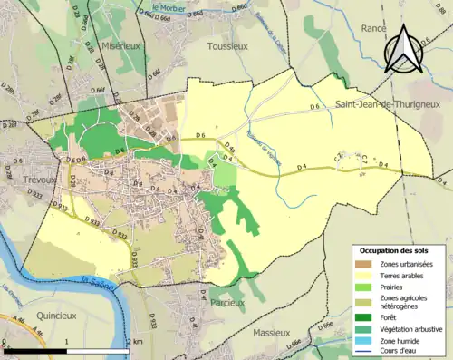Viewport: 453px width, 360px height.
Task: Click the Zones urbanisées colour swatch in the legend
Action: click(365, 264)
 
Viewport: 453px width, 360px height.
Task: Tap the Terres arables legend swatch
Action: click(365, 275)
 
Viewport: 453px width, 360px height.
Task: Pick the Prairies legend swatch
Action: click(365, 287)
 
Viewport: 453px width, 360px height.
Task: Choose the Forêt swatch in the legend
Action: click(365, 317)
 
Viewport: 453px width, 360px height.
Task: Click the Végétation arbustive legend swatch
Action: click(365, 328)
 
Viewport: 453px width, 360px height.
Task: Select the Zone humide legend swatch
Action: click(365, 339)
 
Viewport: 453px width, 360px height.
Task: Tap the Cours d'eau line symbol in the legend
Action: click(365, 350)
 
